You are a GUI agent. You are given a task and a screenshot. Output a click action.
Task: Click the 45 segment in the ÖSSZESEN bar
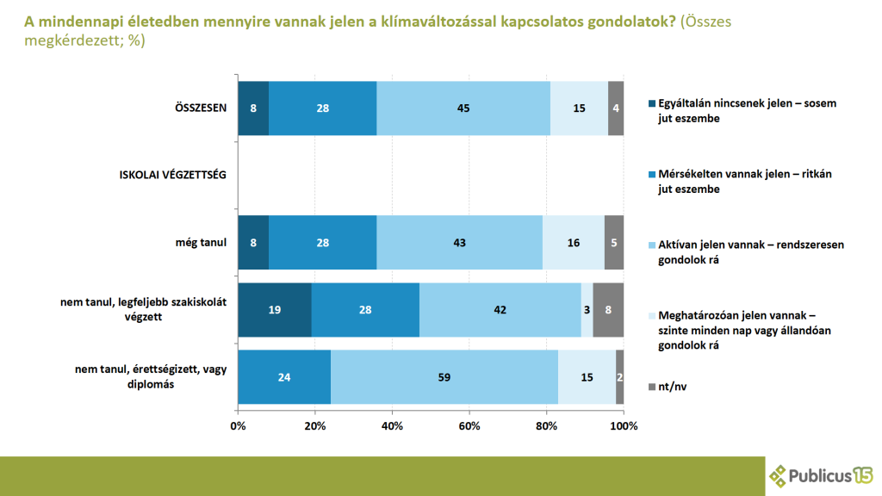463,108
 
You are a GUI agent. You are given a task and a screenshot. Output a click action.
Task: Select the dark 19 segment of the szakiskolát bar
275,309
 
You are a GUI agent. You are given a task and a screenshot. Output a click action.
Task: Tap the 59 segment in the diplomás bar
444,377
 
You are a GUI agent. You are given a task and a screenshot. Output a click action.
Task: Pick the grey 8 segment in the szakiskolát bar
608,309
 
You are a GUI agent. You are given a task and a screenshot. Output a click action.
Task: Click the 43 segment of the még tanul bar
459,243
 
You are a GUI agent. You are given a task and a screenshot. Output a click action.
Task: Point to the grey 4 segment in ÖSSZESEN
615,108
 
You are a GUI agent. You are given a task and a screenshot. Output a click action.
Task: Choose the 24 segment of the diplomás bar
284,377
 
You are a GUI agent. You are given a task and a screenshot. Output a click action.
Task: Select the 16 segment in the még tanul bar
573,243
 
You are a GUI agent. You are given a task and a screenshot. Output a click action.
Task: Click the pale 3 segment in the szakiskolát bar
587,309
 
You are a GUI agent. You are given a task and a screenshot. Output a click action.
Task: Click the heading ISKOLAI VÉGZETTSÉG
172,176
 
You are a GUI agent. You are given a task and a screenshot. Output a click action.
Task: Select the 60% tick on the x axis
469,426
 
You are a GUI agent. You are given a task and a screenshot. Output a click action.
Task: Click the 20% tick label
315,426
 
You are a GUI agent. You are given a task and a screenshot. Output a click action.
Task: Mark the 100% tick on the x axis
624,426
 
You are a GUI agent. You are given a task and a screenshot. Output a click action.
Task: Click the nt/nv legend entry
672,387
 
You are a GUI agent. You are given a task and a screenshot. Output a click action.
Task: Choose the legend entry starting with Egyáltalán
746,110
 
